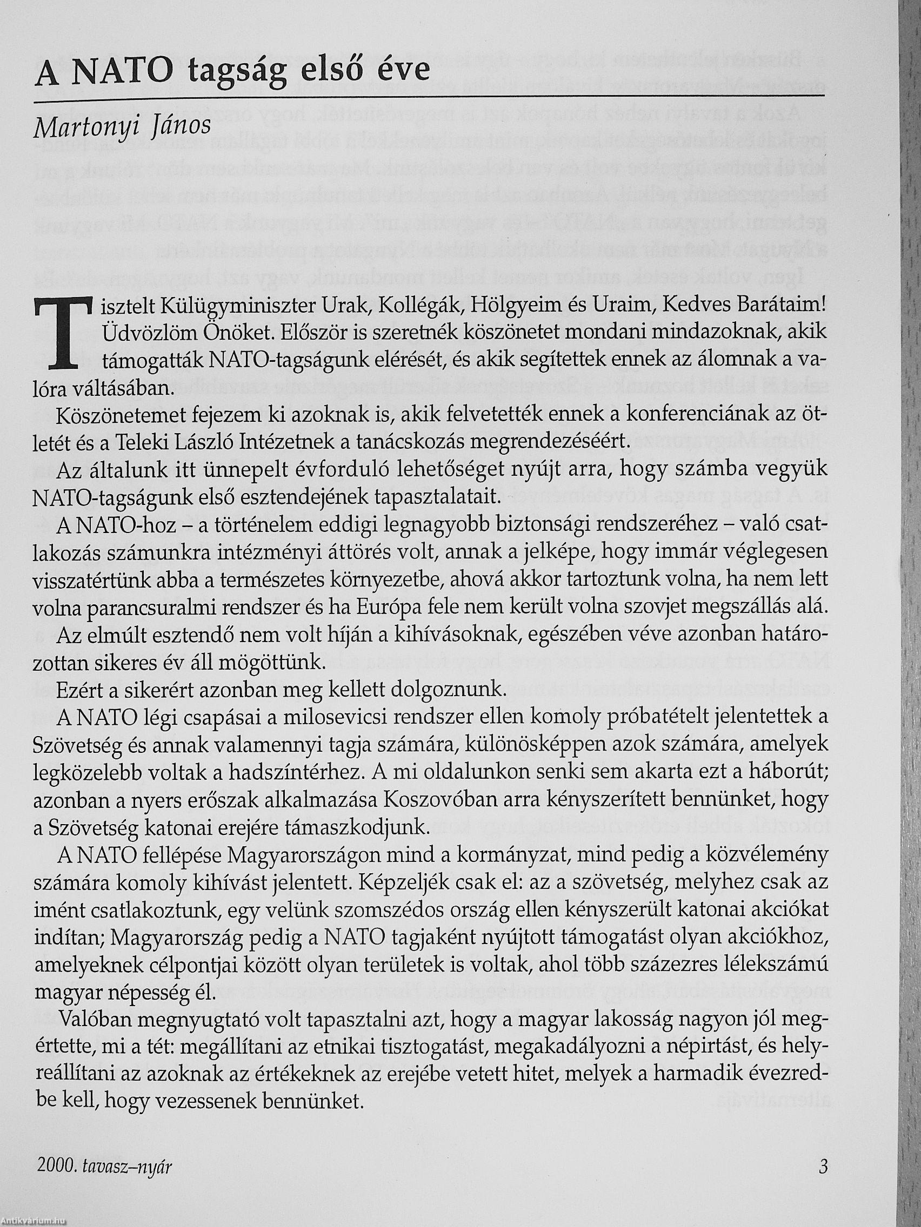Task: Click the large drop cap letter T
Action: (62, 332)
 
